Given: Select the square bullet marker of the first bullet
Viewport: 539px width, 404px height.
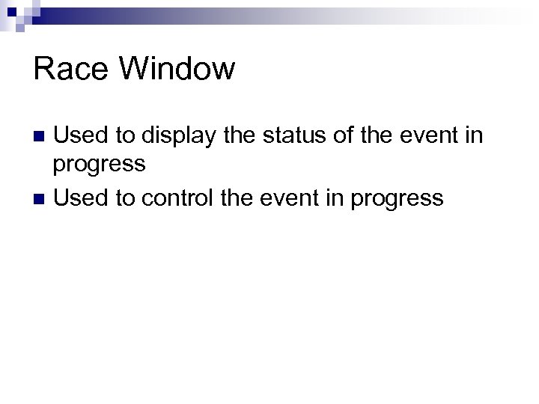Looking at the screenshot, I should (x=41, y=137).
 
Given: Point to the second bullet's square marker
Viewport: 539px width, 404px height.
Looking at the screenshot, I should (x=41, y=199).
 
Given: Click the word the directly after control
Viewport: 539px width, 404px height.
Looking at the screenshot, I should (x=241, y=198).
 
